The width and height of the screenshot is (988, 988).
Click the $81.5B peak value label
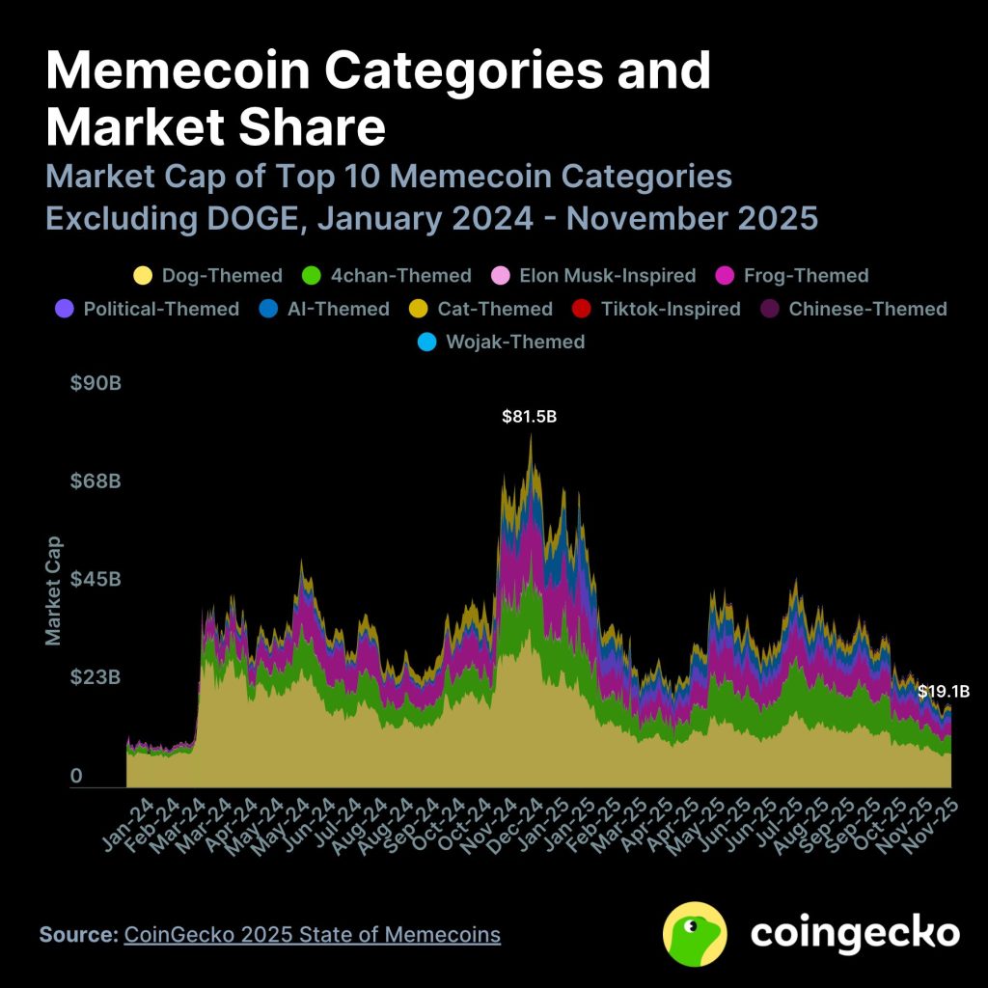tap(530, 418)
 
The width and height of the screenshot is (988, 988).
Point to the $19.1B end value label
tap(943, 691)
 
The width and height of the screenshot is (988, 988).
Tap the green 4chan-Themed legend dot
tap(312, 276)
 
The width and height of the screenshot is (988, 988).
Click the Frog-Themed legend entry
tap(793, 276)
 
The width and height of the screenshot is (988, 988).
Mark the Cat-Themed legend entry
tap(482, 309)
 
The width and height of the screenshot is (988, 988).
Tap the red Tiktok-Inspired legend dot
tap(582, 309)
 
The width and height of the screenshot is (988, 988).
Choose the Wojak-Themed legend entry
tap(503, 342)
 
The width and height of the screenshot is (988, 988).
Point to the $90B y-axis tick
tap(95, 383)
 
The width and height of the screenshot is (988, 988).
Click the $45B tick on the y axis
tap(95, 579)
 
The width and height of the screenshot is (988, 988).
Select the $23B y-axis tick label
tap(95, 677)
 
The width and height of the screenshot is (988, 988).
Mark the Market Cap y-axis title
tap(54, 590)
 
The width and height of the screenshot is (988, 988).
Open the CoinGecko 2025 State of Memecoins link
tap(312, 934)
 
